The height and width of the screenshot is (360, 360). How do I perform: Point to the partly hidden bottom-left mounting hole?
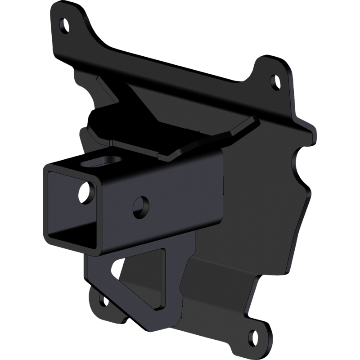coord(101,299)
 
